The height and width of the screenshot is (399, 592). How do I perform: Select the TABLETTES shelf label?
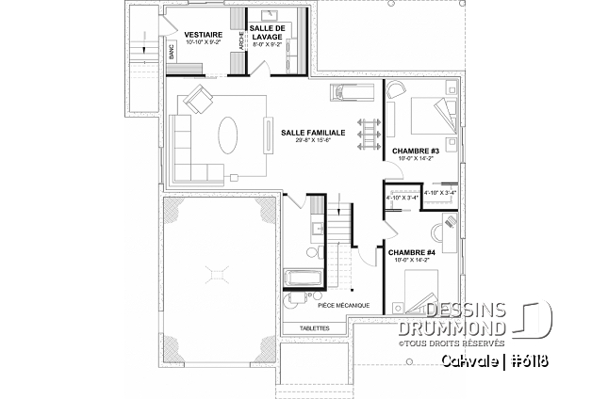[x=314, y=328]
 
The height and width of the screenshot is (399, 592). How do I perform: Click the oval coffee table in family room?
[x=228, y=135]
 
